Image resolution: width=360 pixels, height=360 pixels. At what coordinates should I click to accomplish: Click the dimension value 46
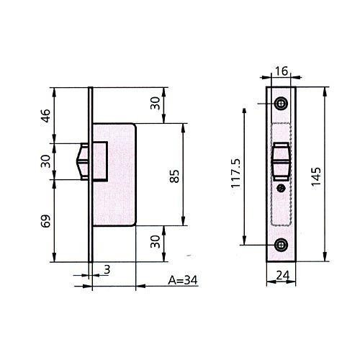[x=46, y=116]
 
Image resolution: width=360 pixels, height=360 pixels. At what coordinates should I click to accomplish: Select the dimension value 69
[x=46, y=221]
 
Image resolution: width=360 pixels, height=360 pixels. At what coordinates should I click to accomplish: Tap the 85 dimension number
[x=174, y=176]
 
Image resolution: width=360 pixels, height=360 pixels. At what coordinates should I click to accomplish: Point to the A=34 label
[x=183, y=280]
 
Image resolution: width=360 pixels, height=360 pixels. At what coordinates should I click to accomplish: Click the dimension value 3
[x=107, y=269]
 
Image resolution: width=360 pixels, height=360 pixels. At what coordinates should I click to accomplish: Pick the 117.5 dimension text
[x=235, y=173]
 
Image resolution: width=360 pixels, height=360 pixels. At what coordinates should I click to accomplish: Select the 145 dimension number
[x=316, y=176]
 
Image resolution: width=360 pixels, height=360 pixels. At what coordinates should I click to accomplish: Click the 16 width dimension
[x=282, y=71]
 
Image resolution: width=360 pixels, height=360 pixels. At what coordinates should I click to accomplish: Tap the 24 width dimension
[x=283, y=276]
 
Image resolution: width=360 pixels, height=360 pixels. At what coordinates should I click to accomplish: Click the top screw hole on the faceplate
[x=281, y=104]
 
